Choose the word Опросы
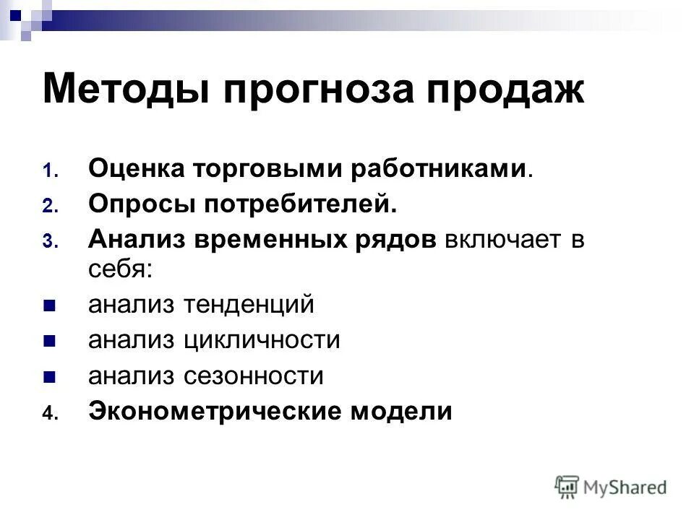pyautogui.click(x=141, y=205)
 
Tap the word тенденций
pyautogui.click(x=249, y=305)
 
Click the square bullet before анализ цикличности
pyautogui.click(x=49, y=340)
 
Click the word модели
pyautogui.click(x=401, y=411)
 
